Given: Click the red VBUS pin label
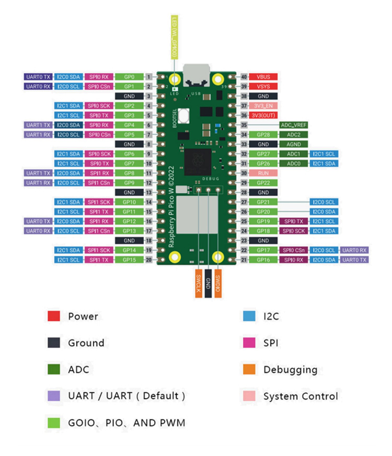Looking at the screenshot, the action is coord(263,77).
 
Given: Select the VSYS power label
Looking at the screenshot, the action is coord(263,86).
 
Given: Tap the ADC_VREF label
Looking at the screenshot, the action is coord(293,125).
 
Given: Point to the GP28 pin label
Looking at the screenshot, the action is coord(263,135).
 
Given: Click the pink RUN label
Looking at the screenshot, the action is coord(263,173).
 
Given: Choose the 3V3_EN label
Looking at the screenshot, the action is coord(263,106).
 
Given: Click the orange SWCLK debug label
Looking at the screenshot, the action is coord(199,283).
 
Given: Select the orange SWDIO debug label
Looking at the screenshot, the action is coord(217,283).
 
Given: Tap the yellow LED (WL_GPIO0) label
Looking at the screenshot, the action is coord(175,37).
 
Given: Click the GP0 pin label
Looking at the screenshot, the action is coord(129,77).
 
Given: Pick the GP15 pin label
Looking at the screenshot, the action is coord(129,260).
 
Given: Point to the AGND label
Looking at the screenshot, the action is coord(293,144).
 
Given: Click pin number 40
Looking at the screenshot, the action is coord(244,77).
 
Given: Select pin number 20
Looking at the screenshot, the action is coord(149,260).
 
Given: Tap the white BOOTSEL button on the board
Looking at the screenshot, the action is coord(183,115).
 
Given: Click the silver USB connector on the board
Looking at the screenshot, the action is coord(197,75).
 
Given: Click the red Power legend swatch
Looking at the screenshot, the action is coord(54,316).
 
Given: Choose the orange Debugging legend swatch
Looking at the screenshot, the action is coord(249,369).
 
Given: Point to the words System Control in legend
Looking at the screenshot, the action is coord(301,396).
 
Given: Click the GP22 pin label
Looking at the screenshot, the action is coord(263,183).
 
